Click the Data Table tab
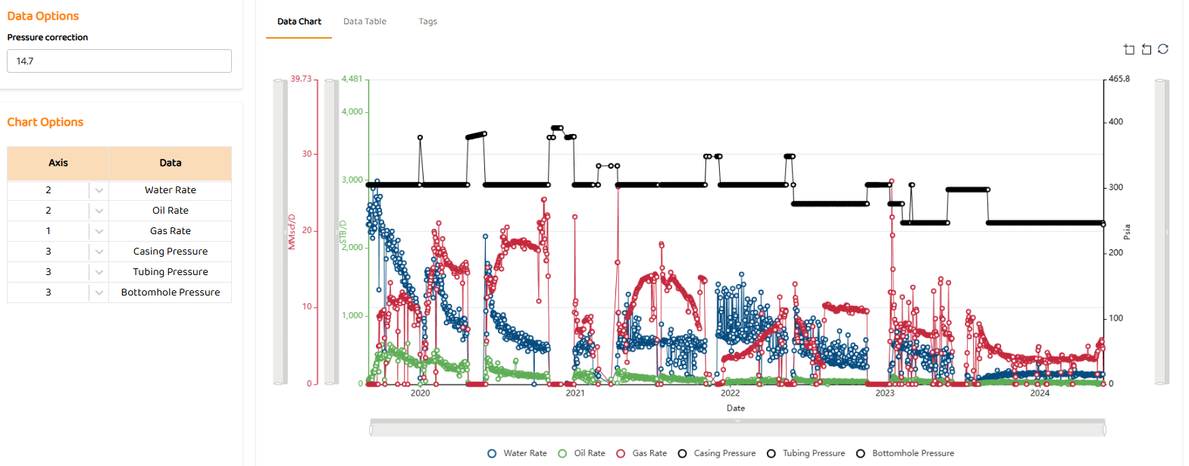pos(365,21)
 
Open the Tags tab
pos(427,21)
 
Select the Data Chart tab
pos(299,21)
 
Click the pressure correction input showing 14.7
pos(119,61)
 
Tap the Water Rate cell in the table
pos(170,190)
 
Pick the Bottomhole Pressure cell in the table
pos(170,292)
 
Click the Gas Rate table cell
pos(170,231)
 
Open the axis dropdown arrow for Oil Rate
pos(99,211)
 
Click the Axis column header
pos(58,163)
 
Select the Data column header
pos(170,163)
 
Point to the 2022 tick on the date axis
pos(730,393)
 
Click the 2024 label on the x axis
pos(1040,393)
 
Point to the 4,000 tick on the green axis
pos(352,111)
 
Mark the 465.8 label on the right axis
pos(1119,79)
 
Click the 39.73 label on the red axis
pos(301,79)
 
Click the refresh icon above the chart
pos(1163,49)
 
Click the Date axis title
pos(735,408)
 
